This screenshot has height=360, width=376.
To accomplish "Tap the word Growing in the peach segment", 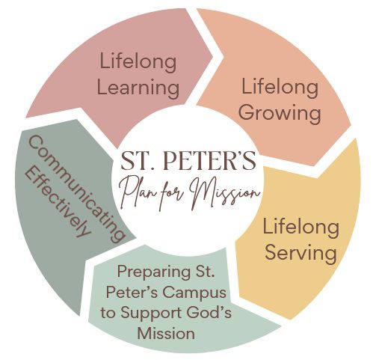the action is pyautogui.click(x=280, y=113).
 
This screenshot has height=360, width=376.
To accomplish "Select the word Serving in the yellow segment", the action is pyautogui.click(x=301, y=253).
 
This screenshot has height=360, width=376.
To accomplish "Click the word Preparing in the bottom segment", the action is pyautogui.click(x=154, y=272).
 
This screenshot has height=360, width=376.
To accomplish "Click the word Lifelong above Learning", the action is pyautogui.click(x=138, y=62).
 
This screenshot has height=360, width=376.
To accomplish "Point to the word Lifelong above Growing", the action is pyautogui.click(x=280, y=88).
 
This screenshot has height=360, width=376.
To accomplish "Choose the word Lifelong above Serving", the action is pyautogui.click(x=301, y=228).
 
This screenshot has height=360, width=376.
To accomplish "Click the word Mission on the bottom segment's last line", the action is pyautogui.click(x=166, y=333).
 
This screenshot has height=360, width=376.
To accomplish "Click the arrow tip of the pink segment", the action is pyautogui.click(x=212, y=57).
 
